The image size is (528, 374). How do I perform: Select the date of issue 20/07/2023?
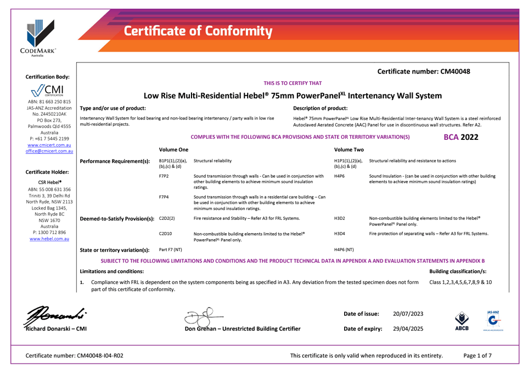tap(408, 313)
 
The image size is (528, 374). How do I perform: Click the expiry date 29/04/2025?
tap(408, 328)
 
